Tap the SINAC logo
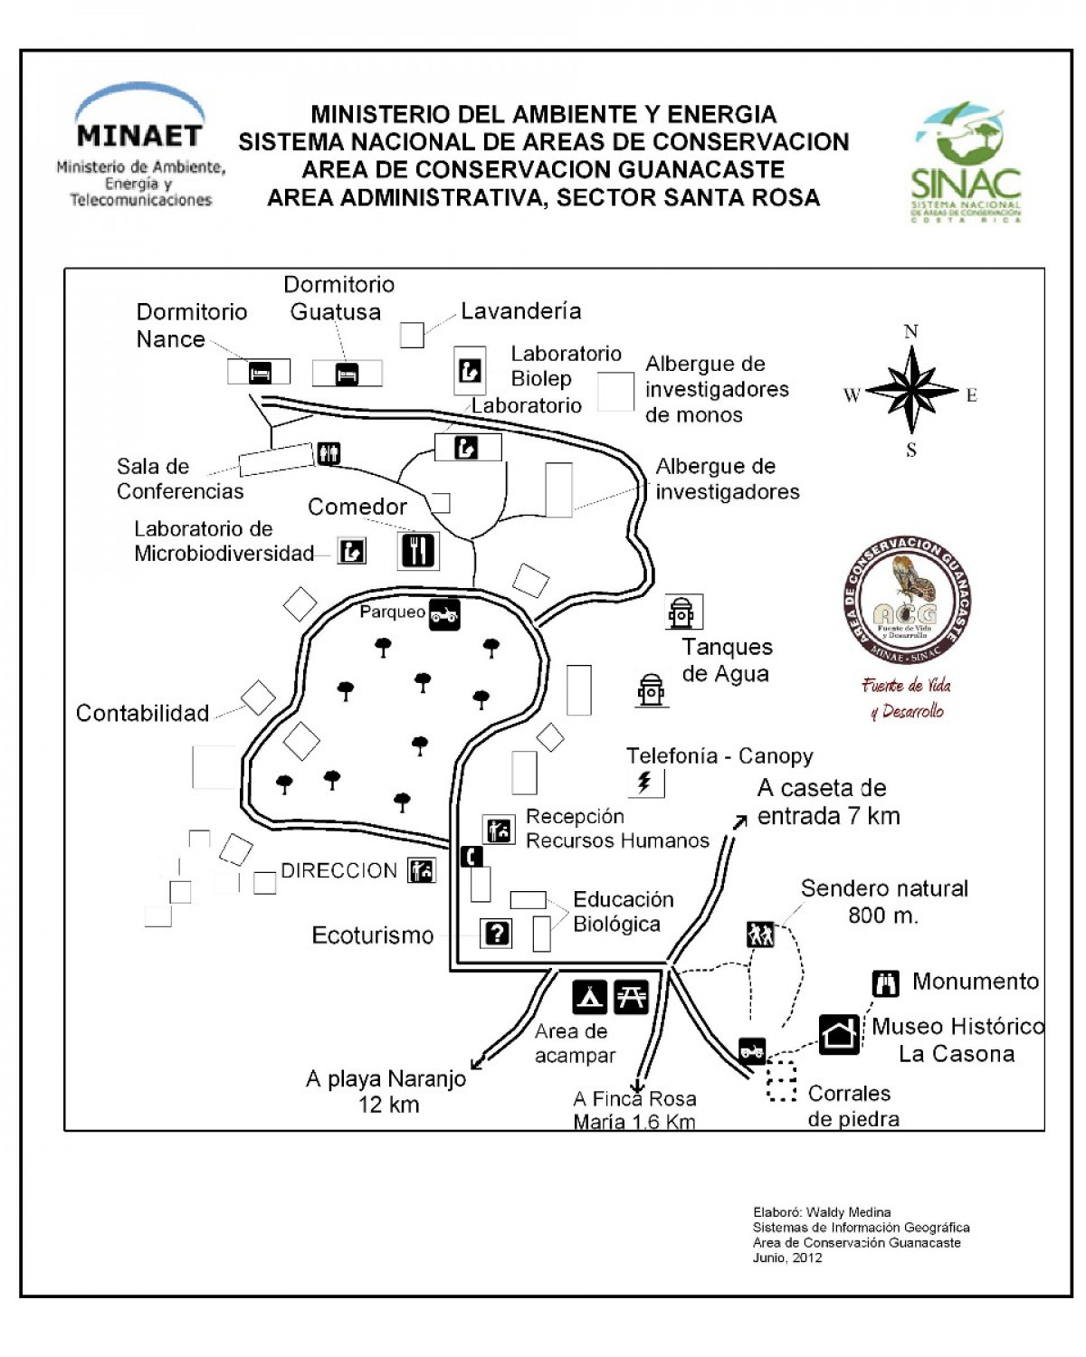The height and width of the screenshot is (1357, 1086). [x=966, y=163]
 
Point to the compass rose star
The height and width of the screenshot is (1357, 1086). [x=911, y=391]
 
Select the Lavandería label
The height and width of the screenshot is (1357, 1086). [x=520, y=311]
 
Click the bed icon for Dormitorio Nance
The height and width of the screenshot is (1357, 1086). [x=260, y=372]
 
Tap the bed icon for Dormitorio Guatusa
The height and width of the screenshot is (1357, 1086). [x=347, y=373]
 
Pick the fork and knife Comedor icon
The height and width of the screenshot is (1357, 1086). [x=418, y=550]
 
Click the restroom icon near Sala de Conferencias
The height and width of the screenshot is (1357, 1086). [x=329, y=453]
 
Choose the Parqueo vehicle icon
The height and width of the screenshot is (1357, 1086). [x=444, y=614]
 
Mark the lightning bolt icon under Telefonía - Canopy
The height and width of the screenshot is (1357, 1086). [x=645, y=782]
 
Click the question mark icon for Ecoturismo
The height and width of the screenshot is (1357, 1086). [x=497, y=933]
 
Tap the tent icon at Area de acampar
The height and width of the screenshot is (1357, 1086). [x=590, y=997]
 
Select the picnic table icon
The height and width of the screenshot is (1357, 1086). [x=631, y=997]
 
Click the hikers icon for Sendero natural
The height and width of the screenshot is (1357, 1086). [x=760, y=934]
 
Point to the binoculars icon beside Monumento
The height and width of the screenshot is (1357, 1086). [x=886, y=982]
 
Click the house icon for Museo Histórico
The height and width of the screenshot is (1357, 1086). [x=840, y=1033]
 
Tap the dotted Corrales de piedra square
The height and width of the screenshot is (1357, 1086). [x=781, y=1081]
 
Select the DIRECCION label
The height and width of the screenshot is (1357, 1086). [x=338, y=870]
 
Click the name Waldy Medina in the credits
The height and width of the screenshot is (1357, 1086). [x=848, y=1212]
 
